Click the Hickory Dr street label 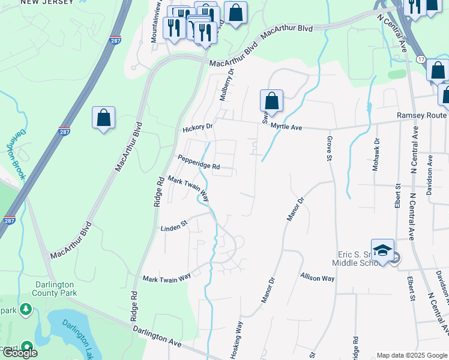click(198, 128)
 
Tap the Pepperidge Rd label click(199, 162)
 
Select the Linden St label click(174, 227)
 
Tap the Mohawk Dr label click(376, 155)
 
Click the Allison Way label click(318, 278)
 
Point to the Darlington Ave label click(158, 335)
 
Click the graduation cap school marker click(382, 251)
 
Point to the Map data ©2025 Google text click(411, 355)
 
